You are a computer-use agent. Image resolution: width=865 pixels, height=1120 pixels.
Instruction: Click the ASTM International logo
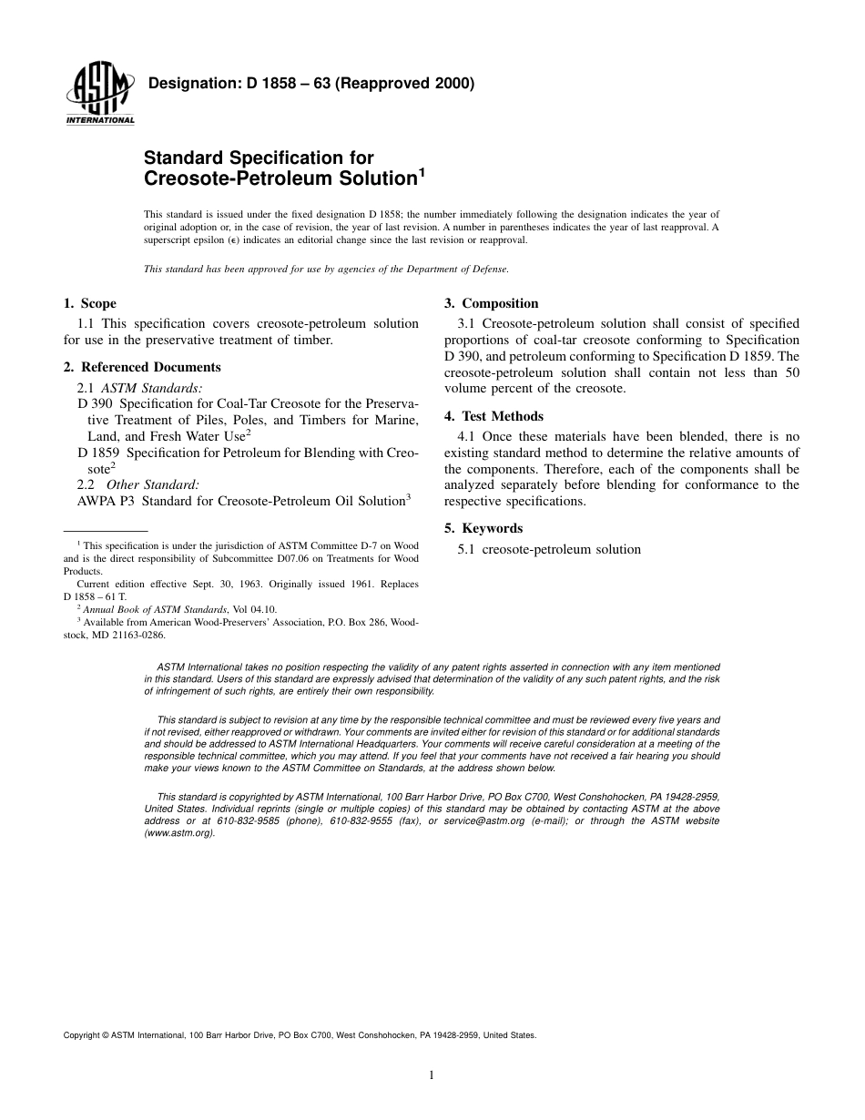99,96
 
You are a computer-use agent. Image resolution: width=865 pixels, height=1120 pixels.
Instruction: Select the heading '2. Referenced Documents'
142,367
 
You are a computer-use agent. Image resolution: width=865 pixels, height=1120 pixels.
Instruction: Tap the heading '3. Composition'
491,303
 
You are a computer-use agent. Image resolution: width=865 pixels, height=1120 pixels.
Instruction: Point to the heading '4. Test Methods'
494,416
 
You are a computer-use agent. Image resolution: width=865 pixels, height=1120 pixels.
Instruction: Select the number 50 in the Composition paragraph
791,372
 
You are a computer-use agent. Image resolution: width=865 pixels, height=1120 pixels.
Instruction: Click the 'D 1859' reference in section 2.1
98,453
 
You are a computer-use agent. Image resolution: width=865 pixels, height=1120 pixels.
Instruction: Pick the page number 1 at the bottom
432,1075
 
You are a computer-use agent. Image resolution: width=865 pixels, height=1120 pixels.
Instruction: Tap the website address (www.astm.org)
179,832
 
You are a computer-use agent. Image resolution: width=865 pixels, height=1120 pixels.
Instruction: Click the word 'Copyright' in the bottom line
81,1035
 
